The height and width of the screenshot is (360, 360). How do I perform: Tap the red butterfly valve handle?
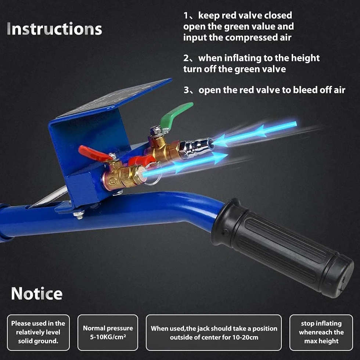pyautogui.click(x=92, y=153)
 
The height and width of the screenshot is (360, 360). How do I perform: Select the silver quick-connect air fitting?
pyautogui.click(x=196, y=147)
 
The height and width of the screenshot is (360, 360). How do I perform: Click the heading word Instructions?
pyautogui.click(x=54, y=29)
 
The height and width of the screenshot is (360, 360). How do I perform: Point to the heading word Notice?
pyautogui.click(x=37, y=294)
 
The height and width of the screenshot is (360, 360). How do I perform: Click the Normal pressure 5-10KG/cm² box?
pyautogui.click(x=108, y=332)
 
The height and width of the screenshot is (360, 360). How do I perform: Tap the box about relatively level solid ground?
pyautogui.click(x=38, y=332)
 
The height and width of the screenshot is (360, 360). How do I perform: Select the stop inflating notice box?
pyautogui.click(x=321, y=332)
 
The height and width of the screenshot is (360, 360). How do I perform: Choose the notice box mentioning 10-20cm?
pyautogui.click(x=214, y=332)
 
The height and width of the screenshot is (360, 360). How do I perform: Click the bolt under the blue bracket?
pyautogui.click(x=79, y=215)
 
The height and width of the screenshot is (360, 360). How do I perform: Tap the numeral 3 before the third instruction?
pyautogui.click(x=186, y=90)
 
